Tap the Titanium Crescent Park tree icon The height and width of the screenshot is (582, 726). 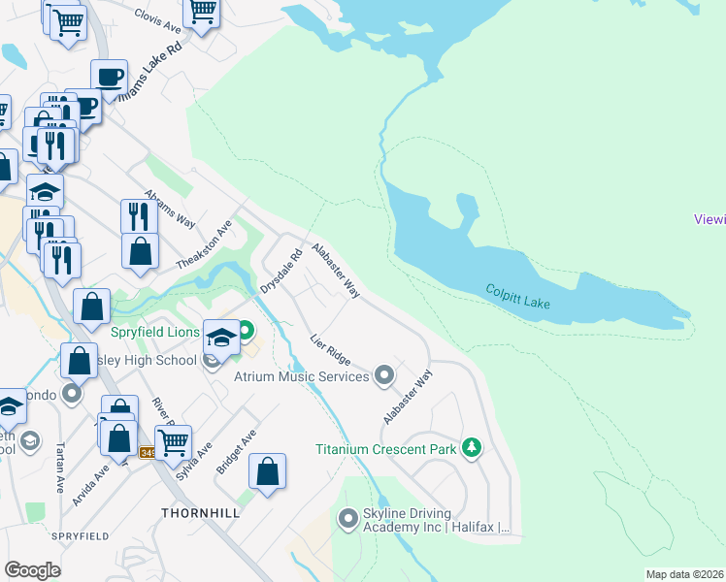click(x=472, y=447)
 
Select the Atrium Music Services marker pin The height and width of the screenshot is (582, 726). click(x=384, y=374)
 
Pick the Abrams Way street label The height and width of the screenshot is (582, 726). click(x=169, y=208)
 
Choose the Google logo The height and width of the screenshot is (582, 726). click(x=32, y=569)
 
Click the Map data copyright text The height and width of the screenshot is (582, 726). click(x=684, y=574)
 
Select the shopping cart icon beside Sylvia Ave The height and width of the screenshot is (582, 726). click(x=173, y=441)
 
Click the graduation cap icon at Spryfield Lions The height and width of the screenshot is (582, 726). click(x=221, y=336)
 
